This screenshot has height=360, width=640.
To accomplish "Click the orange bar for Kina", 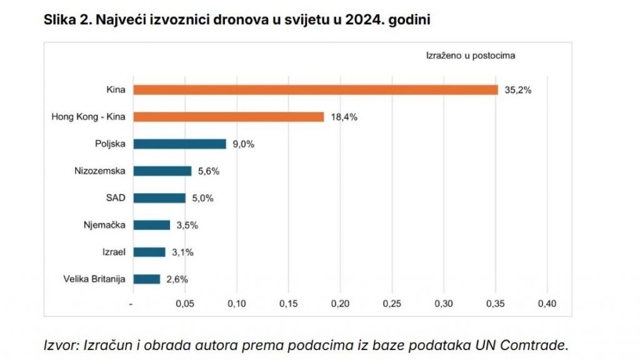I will [x=316, y=90].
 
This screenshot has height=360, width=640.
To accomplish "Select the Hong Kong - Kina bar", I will [x=229, y=117].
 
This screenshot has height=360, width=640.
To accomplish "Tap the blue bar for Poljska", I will [x=180, y=144].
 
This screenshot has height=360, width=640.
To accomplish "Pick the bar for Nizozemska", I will [x=162, y=171].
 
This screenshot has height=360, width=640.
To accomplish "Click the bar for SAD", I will [x=159, y=198].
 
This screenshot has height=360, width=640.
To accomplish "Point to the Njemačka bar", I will [x=152, y=225].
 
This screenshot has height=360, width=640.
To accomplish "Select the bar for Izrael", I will [x=149, y=252].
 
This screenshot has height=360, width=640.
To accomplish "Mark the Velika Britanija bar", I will [x=147, y=279].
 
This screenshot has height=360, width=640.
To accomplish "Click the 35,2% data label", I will [x=518, y=90].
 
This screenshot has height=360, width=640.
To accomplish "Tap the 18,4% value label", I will [x=344, y=117].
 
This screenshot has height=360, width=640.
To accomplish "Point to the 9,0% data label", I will [x=244, y=144].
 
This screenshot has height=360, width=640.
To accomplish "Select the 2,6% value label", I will [x=177, y=279].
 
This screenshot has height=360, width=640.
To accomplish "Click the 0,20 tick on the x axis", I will [x=340, y=304].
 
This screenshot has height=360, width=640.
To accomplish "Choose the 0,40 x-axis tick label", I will [x=547, y=304].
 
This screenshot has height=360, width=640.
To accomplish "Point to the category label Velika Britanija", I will [x=94, y=279].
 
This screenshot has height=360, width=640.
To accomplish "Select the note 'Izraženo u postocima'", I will [x=471, y=56].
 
